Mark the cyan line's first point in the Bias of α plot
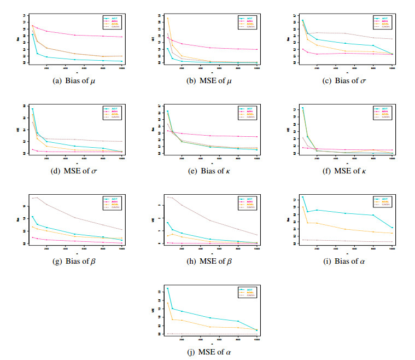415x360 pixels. pos(303,197)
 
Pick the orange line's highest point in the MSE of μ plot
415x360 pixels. pos(167,18)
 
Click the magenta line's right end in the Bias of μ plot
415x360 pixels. pos(121,37)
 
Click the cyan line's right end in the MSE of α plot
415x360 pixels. pos(256,330)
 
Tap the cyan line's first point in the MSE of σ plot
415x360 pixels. pos(32,109)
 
